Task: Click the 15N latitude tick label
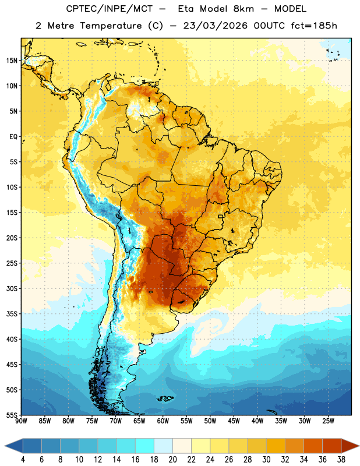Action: click(12, 61)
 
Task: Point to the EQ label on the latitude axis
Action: click(13, 137)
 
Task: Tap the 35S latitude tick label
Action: click(12, 314)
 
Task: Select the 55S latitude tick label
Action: click(12, 415)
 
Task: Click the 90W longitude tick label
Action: click(21, 421)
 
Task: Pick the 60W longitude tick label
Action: click(163, 421)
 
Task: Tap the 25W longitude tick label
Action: click(328, 421)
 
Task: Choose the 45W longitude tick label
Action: click(234, 421)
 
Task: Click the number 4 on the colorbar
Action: click(23, 460)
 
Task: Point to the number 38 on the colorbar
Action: click(341, 460)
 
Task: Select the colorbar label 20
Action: click(172, 460)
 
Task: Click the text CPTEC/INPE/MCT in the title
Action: click(109, 9)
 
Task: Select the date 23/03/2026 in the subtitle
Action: click(215, 26)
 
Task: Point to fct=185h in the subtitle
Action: click(314, 26)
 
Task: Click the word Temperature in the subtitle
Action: click(111, 26)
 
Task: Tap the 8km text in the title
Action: click(243, 9)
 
